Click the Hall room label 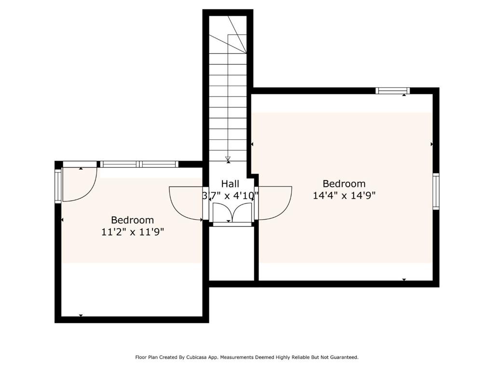(x=230, y=184)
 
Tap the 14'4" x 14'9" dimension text (x=344, y=195)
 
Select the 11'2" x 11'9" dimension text (x=133, y=232)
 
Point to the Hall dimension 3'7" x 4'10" (x=230, y=196)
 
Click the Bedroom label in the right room (x=344, y=184)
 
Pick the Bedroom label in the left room (x=133, y=220)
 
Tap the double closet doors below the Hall (x=232, y=212)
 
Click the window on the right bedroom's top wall (x=393, y=91)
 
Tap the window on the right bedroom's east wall (x=436, y=191)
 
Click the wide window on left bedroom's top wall (x=139, y=164)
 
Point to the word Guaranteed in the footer (x=342, y=357)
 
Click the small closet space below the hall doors (x=231, y=253)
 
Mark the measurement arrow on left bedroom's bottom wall (x=81, y=316)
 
